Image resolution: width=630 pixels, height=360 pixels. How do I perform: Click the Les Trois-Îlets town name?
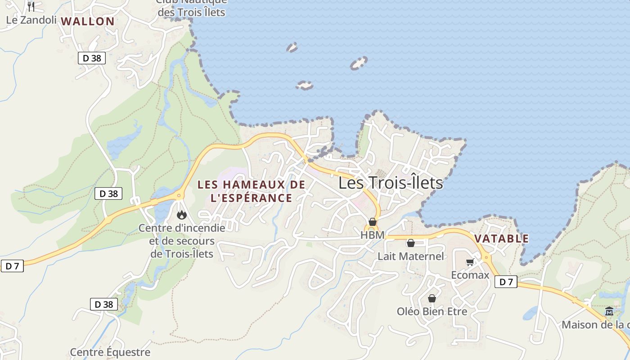pyautogui.click(x=390, y=183)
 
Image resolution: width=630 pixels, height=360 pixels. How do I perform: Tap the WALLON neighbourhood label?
pyautogui.click(x=88, y=21)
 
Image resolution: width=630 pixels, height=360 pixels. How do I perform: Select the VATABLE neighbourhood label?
pyautogui.click(x=501, y=238)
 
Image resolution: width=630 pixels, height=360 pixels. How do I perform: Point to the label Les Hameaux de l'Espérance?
pyautogui.click(x=251, y=191)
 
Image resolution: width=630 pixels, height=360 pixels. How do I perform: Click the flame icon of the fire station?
pyautogui.click(x=182, y=215)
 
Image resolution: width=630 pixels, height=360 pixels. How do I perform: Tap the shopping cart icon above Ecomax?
pyautogui.click(x=470, y=262)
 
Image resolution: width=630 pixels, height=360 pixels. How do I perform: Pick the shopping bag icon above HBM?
pyautogui.click(x=373, y=222)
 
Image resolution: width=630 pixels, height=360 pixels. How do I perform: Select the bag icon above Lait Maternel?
pyautogui.click(x=411, y=243)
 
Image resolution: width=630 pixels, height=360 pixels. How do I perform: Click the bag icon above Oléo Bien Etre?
pyautogui.click(x=432, y=298)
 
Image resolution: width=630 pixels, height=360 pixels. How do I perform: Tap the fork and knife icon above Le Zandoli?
pyautogui.click(x=31, y=6)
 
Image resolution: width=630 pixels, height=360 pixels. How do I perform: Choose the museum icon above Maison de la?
pyautogui.click(x=609, y=311)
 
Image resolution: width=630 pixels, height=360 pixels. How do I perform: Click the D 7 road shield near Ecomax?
pyautogui.click(x=506, y=282)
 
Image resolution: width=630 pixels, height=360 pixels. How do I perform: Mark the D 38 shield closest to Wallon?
pyautogui.click(x=92, y=58)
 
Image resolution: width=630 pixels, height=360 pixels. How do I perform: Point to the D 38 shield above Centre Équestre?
pyautogui.click(x=104, y=304)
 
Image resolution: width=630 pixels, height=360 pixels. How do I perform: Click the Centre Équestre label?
pyautogui.click(x=110, y=352)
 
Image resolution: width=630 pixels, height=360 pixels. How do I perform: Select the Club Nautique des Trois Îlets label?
pyautogui.click(x=191, y=7)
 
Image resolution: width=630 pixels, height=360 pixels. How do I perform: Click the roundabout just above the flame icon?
pyautogui.click(x=179, y=195)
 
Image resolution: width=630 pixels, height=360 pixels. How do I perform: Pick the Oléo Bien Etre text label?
pyautogui.click(x=432, y=311)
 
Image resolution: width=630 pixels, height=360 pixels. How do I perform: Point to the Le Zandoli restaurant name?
pyautogui.click(x=31, y=20)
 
